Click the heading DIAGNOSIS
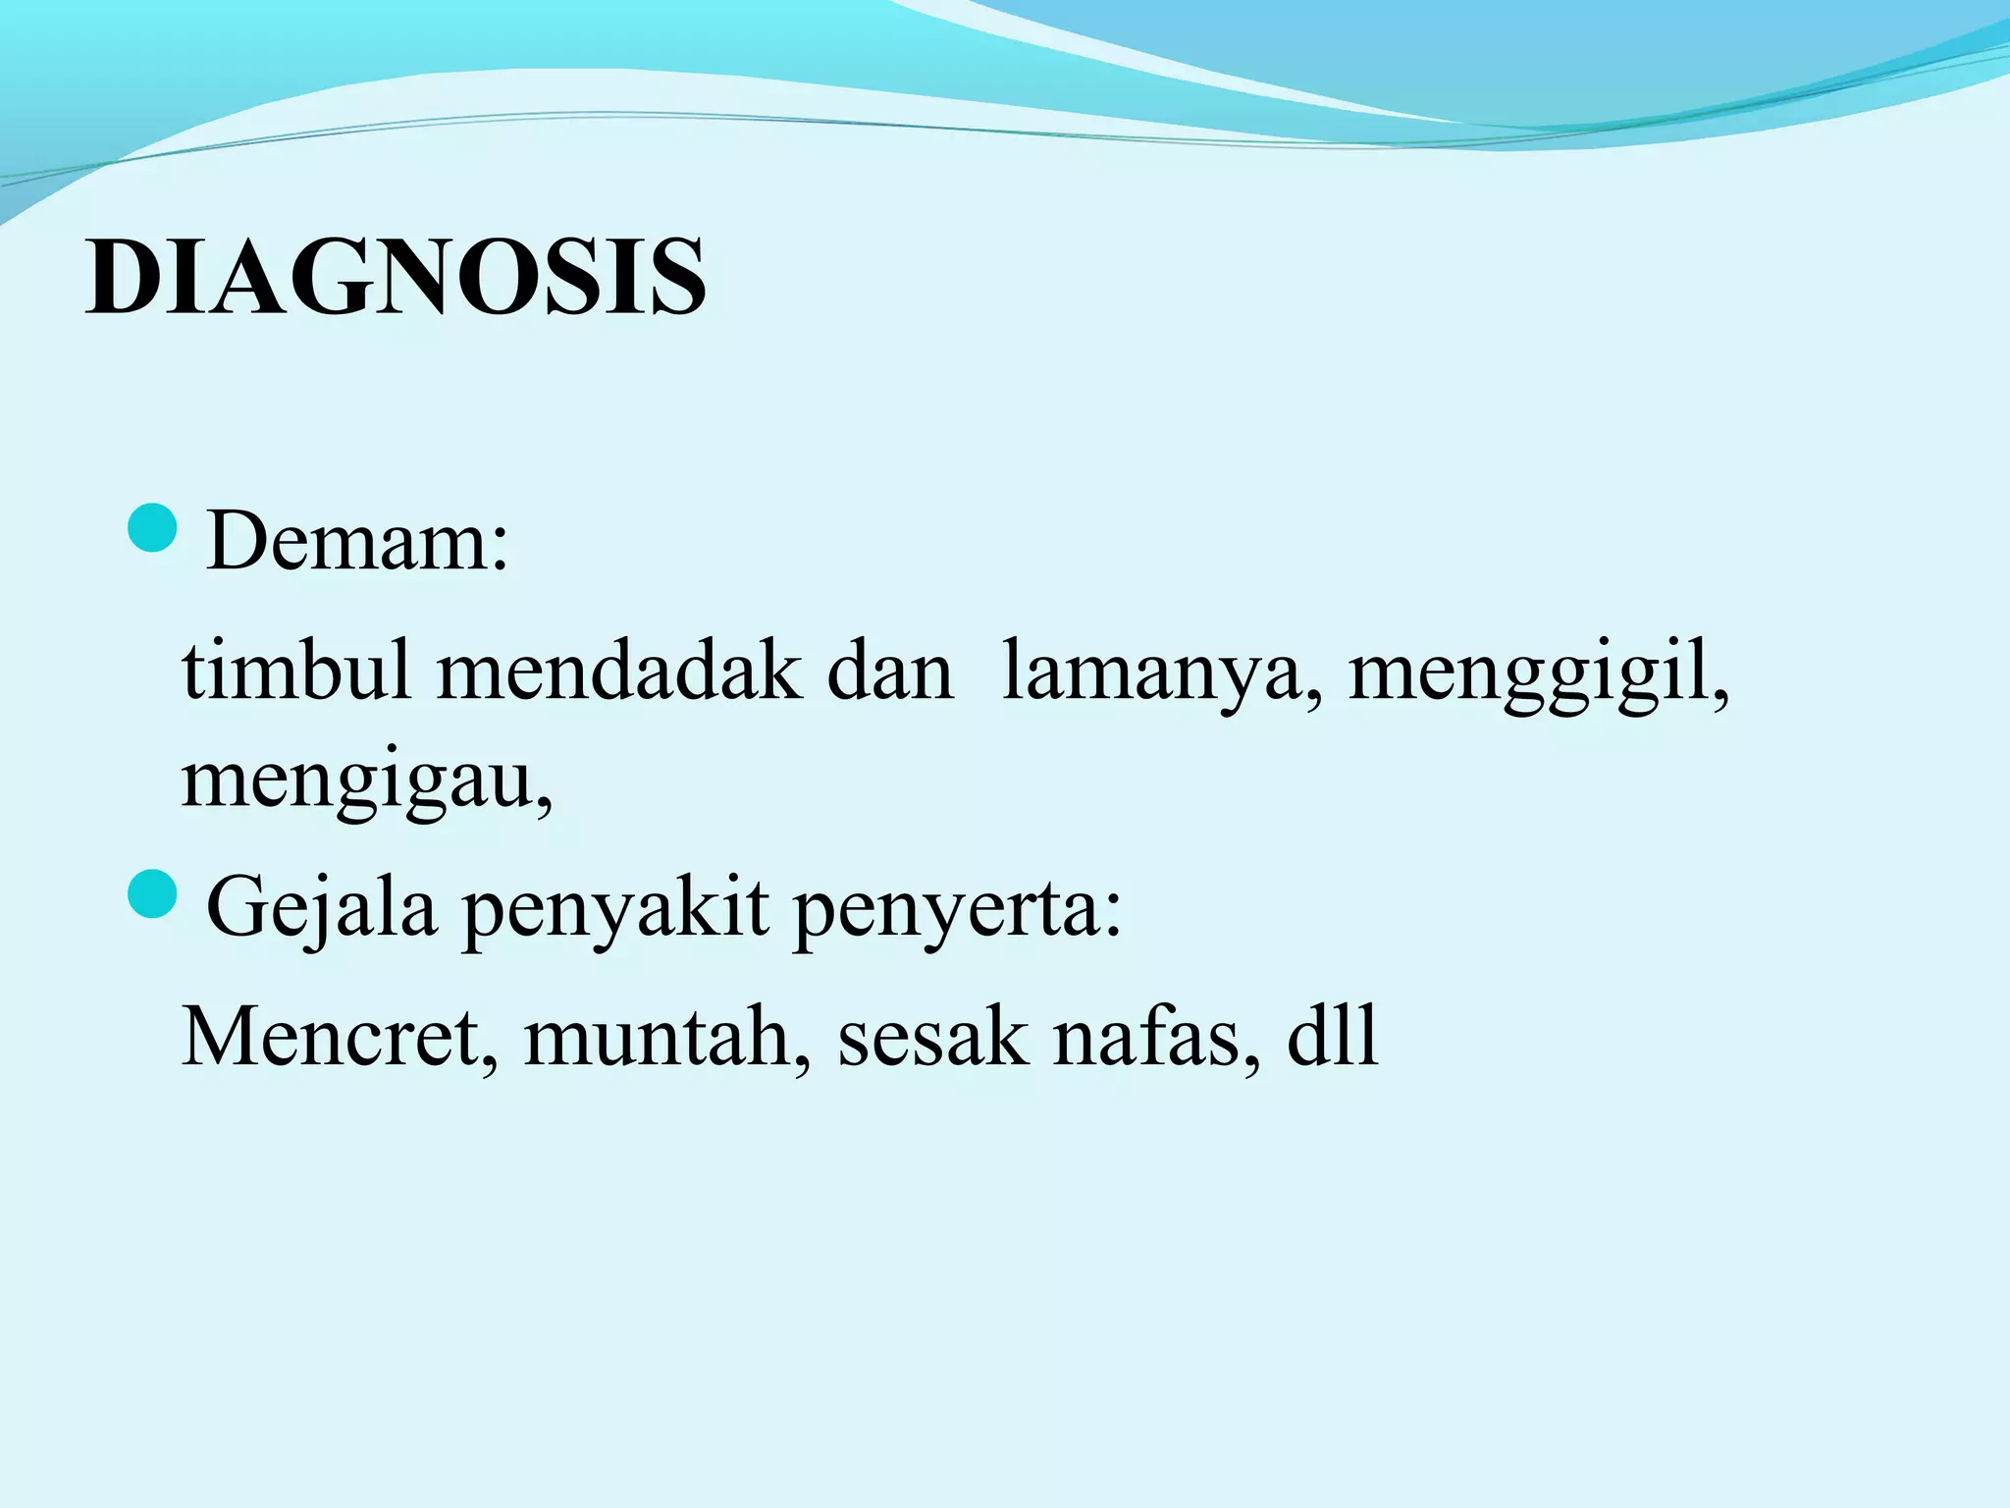tap(396, 278)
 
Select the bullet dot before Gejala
tap(152, 894)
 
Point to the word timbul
tap(295, 673)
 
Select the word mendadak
tap(618, 673)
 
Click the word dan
tap(890, 673)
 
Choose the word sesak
tap(931, 1038)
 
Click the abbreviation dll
tap(1332, 1038)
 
